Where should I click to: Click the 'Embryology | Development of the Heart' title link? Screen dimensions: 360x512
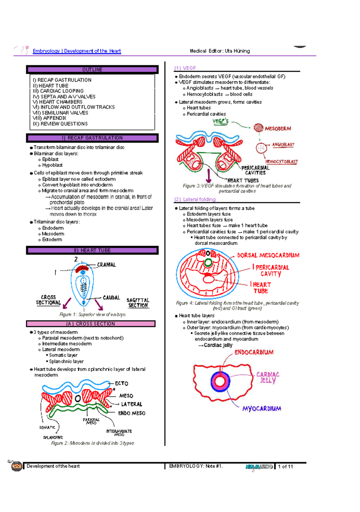click(x=77, y=51)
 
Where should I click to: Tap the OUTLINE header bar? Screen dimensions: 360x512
click(x=92, y=70)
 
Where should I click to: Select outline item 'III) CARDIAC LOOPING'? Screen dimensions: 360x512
click(x=58, y=91)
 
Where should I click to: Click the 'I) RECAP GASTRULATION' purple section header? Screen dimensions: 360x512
click(x=92, y=138)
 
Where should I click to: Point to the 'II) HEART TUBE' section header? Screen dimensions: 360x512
click(x=92, y=250)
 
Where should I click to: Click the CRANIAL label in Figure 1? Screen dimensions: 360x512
click(x=106, y=265)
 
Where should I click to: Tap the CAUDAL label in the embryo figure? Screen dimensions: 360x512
click(x=111, y=298)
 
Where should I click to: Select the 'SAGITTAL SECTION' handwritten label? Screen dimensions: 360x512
click(x=138, y=303)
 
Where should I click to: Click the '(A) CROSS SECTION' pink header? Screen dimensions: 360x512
click(x=91, y=324)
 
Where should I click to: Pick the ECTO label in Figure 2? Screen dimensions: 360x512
click(x=121, y=383)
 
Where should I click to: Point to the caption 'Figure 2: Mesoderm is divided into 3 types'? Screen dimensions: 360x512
click(x=92, y=443)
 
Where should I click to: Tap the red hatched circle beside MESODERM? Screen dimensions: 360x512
click(x=258, y=128)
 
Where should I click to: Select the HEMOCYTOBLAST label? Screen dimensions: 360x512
click(x=281, y=162)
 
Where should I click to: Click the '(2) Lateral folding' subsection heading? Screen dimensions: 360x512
click(x=195, y=199)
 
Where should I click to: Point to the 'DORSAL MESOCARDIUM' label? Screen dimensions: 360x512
click(x=268, y=256)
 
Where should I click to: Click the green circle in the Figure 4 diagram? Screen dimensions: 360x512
click(x=208, y=263)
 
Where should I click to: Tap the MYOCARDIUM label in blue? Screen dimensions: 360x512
click(x=262, y=409)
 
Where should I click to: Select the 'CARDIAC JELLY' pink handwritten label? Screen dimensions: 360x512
click(x=268, y=377)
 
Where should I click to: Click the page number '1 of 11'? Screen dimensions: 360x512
click(x=285, y=467)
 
